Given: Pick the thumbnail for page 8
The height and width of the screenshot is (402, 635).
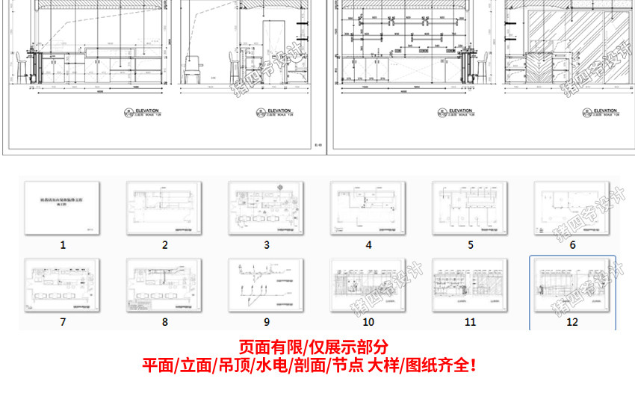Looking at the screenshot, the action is [x=165, y=284].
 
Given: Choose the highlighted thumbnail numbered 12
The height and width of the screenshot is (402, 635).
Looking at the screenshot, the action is [x=572, y=284].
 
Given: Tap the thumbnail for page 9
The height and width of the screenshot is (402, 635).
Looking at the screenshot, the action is [x=267, y=284].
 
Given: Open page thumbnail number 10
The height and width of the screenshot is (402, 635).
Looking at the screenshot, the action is [x=368, y=284].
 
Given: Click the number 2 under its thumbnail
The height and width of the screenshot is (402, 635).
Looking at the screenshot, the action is [x=165, y=244].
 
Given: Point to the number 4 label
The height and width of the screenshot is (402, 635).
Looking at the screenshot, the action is [x=368, y=244].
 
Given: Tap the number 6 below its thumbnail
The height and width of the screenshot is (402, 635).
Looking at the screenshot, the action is [x=572, y=244].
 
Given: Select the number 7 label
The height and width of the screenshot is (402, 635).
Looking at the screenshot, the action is [x=63, y=322].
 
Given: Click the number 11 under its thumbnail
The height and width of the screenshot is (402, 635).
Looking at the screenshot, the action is [x=470, y=322].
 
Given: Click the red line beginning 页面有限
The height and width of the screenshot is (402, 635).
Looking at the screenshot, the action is [x=314, y=348].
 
